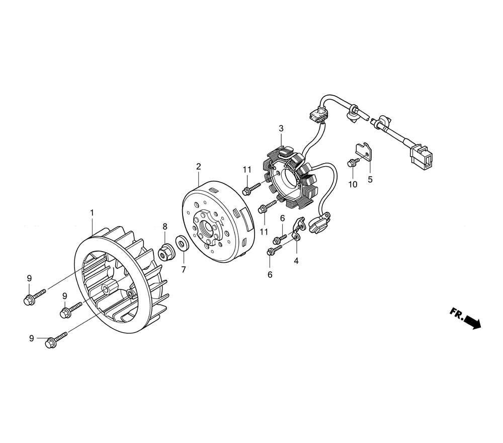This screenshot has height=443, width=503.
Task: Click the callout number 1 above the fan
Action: pos(92,212)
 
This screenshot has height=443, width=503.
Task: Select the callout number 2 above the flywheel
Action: pos(199,166)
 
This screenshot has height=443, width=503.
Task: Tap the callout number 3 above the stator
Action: pos(281,129)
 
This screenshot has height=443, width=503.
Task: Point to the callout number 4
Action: pos(296,261)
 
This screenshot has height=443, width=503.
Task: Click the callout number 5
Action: pos(370,180)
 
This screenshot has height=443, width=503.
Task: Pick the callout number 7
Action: pos(184,270)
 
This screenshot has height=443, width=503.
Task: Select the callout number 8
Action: pos(165,227)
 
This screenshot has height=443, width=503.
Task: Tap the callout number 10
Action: pos(353,185)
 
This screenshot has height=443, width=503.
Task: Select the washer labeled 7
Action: pos(182,244)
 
